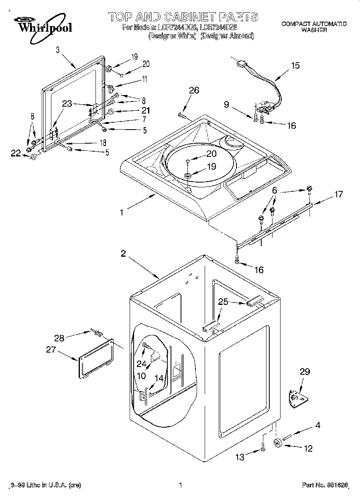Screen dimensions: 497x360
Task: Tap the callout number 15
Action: (x=295, y=66)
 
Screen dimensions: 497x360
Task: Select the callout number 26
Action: (x=194, y=90)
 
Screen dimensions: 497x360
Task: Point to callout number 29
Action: (x=305, y=372)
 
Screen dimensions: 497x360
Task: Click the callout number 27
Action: (x=51, y=350)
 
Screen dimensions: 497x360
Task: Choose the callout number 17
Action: (x=338, y=194)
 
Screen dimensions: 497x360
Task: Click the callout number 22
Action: (x=15, y=153)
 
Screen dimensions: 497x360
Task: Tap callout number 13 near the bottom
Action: (x=240, y=457)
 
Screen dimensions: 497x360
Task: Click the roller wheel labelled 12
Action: (x=277, y=443)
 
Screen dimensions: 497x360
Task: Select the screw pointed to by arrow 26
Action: (x=182, y=116)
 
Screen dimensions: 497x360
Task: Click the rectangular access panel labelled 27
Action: (x=96, y=358)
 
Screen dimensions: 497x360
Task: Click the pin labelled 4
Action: (x=290, y=435)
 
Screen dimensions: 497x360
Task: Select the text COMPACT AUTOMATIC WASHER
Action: (x=313, y=27)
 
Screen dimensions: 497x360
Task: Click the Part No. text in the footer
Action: (x=324, y=485)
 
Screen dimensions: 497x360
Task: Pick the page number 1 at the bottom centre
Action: (x=181, y=485)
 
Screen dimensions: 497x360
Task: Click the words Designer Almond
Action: (x=227, y=36)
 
